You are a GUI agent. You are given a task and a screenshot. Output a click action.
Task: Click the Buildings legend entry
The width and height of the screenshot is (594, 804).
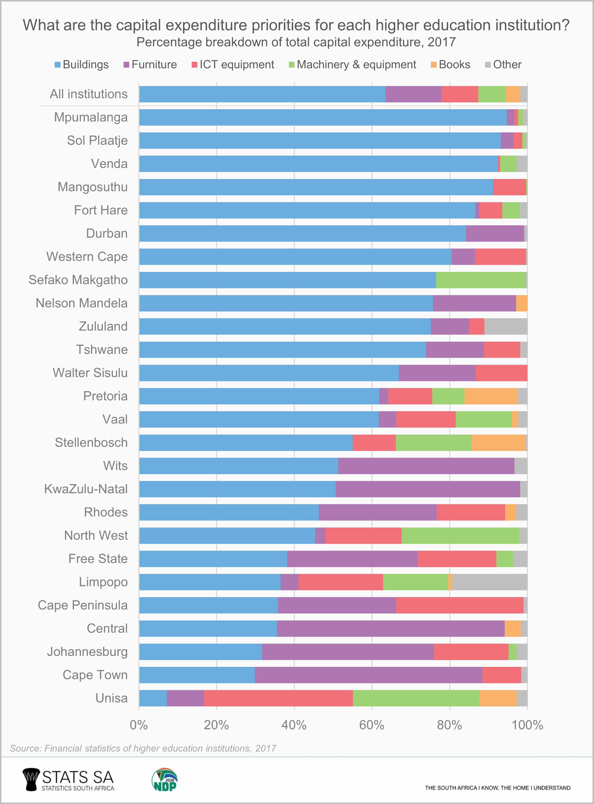point(82,65)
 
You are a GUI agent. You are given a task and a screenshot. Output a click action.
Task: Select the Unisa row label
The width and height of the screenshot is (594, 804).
point(111,698)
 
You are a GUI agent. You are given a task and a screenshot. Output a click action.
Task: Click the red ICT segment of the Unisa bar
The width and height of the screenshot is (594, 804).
point(278,698)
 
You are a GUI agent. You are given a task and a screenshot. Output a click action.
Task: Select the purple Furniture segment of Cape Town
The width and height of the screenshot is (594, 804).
point(368,675)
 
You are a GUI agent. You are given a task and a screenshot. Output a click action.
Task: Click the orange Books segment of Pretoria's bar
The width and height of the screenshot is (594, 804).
point(491,396)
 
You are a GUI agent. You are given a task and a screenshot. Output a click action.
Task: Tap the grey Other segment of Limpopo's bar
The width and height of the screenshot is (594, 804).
point(489,582)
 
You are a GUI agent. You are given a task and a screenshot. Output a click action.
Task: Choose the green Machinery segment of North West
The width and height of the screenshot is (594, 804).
point(460,535)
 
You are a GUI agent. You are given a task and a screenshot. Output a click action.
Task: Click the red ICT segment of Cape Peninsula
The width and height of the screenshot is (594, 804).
point(460,605)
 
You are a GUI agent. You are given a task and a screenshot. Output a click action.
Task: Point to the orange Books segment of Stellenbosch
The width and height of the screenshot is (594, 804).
point(498,442)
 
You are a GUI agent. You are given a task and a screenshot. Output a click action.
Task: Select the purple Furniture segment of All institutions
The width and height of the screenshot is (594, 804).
point(413,94)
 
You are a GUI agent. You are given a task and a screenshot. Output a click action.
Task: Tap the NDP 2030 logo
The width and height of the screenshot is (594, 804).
point(165,780)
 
